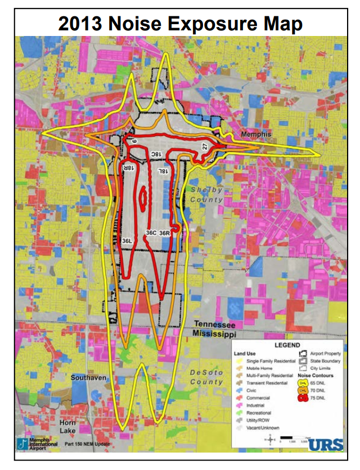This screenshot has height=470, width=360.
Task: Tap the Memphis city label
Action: coord(256,135)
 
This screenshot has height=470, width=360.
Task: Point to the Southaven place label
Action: coord(88,378)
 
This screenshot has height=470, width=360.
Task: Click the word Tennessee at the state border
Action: coord(214,326)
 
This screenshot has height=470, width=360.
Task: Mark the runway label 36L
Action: coord(127,240)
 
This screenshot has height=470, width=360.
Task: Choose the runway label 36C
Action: coord(151,232)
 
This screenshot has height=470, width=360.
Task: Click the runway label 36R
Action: coord(165,232)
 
